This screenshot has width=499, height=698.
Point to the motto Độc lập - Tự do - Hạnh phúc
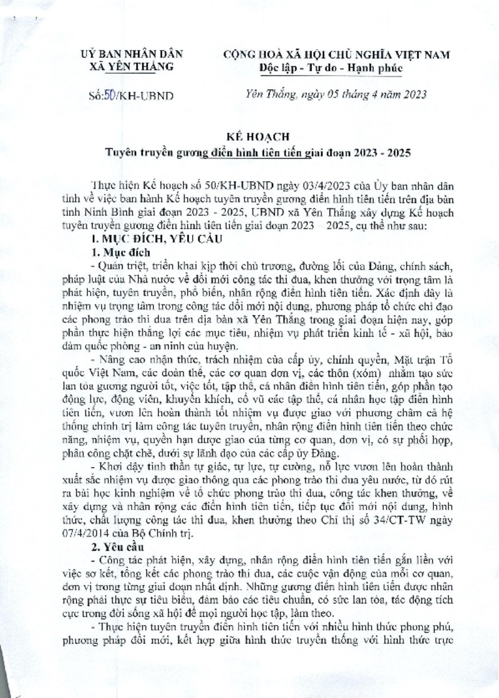coord(331,67)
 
